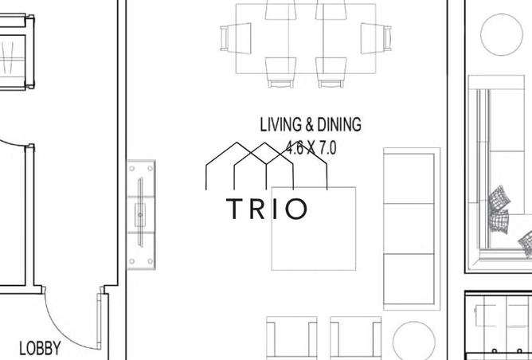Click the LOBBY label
pyautogui.click(x=40, y=348)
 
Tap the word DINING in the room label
pyautogui.click(x=339, y=125)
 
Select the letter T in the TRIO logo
pyautogui.click(x=235, y=209)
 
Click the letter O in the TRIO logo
pyautogui.click(x=295, y=209)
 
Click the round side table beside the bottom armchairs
pyautogui.click(x=413, y=341)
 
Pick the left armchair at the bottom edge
pyautogui.click(x=291, y=340)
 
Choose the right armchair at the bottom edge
pyautogui.click(x=355, y=340)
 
